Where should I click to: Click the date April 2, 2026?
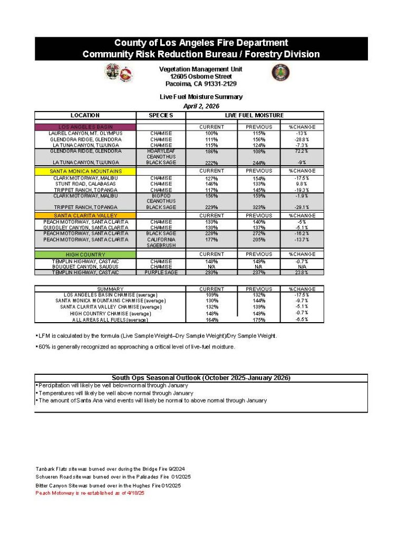tap(201, 106)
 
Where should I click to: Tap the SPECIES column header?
tap(161, 115)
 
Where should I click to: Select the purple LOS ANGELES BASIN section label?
tap(85, 127)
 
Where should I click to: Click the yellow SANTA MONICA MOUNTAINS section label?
tap(85, 171)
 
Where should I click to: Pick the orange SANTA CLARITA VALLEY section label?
tap(85, 216)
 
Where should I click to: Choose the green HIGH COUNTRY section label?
tap(85, 254)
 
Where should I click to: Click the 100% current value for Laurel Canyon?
tap(211, 133)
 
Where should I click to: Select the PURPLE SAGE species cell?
tap(161, 272)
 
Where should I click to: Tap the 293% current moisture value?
tap(211, 273)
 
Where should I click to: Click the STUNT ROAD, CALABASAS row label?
tap(85, 184)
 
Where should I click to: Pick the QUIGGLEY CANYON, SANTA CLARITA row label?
tap(85, 227)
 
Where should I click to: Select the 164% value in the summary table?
tap(211, 320)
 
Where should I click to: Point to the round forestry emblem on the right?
tap(280, 73)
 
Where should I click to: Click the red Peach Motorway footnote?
tap(90, 493)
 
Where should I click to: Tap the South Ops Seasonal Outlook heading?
tap(201, 378)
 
